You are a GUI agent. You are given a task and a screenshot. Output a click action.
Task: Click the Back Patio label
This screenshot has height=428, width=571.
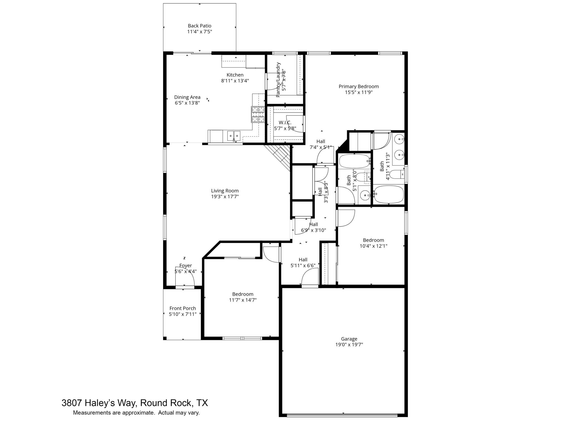click(199, 26)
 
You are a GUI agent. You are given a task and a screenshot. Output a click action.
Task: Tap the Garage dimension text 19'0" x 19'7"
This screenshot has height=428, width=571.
click(349, 345)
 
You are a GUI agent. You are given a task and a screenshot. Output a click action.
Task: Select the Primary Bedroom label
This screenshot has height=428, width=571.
click(359, 86)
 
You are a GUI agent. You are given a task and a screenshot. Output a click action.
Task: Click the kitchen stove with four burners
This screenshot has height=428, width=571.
click(258, 115)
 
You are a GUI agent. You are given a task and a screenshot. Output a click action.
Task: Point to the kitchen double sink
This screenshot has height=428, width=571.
click(234, 136)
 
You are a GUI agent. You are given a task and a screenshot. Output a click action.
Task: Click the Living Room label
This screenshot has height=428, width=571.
click(225, 191)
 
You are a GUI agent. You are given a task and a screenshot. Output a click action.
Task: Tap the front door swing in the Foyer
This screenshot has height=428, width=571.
click(185, 276)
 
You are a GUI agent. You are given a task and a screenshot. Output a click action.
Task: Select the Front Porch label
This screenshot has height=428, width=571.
click(183, 308)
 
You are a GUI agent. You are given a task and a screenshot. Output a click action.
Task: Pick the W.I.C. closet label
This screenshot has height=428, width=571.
click(285, 123)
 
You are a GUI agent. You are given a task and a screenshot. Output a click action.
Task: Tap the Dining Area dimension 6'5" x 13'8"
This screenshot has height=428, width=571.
click(187, 103)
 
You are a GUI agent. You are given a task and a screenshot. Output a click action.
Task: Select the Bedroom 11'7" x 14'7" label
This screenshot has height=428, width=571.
click(243, 294)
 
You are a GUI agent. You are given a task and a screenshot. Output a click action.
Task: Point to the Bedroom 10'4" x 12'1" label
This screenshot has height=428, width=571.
click(373, 240)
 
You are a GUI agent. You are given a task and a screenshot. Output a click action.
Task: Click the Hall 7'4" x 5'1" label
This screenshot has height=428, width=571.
click(321, 142)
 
